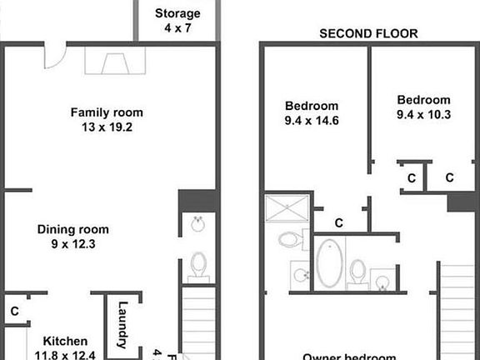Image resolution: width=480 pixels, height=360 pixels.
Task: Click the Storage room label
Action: click(x=177, y=13)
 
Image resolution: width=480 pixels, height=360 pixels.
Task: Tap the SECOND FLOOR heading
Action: click(x=369, y=34)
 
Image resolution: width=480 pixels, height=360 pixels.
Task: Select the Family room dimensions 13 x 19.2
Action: click(x=106, y=128)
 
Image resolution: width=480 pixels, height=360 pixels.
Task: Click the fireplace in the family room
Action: click(x=114, y=60)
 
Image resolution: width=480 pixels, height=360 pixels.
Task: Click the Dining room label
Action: click(x=73, y=229)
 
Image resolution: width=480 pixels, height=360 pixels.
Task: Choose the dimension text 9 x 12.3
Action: click(x=73, y=244)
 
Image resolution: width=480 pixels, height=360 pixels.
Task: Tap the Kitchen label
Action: click(x=66, y=341)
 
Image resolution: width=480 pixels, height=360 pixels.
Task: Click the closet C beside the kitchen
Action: click(x=15, y=311)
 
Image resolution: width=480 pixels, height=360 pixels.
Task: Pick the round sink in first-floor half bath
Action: click(x=198, y=225)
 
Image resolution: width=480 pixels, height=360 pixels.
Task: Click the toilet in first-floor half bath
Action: click(x=198, y=265)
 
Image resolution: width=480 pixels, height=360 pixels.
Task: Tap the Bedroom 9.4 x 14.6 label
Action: click(x=312, y=106)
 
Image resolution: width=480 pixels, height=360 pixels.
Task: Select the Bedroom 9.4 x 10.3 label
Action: click(x=423, y=100)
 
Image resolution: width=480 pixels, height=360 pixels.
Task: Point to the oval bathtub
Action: click(x=329, y=264)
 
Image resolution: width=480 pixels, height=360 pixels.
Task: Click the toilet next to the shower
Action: click(x=290, y=241)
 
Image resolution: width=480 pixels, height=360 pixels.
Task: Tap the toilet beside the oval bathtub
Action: click(x=357, y=272)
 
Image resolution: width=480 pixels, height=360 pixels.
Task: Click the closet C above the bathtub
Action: click(x=339, y=222)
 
